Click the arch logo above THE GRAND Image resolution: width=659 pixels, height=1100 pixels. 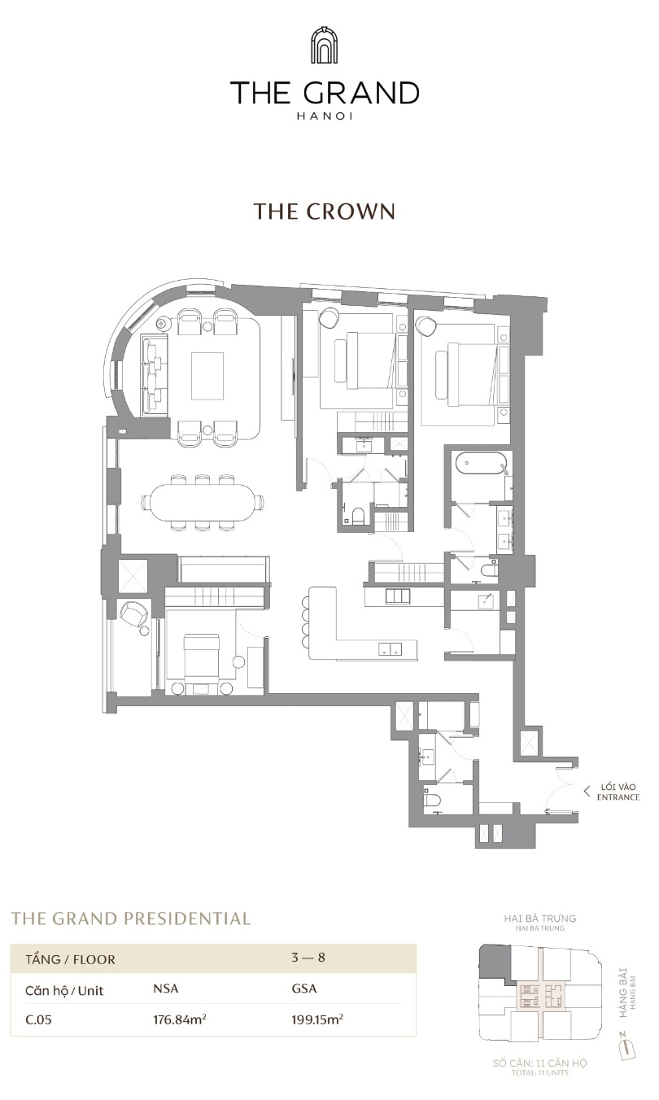[x=324, y=46]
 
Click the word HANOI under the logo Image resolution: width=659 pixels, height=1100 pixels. [x=325, y=116]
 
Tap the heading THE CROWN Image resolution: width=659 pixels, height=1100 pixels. [x=324, y=212]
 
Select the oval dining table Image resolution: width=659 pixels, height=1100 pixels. [x=203, y=502]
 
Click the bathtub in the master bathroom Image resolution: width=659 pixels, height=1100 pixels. [x=480, y=464]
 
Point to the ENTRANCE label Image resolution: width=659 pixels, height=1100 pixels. [x=618, y=797]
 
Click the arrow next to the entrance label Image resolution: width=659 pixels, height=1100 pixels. [x=587, y=791]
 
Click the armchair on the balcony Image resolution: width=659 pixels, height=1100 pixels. [x=133, y=615]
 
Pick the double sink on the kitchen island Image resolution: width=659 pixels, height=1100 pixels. [x=391, y=648]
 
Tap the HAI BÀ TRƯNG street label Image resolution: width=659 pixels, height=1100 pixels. [x=540, y=919]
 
